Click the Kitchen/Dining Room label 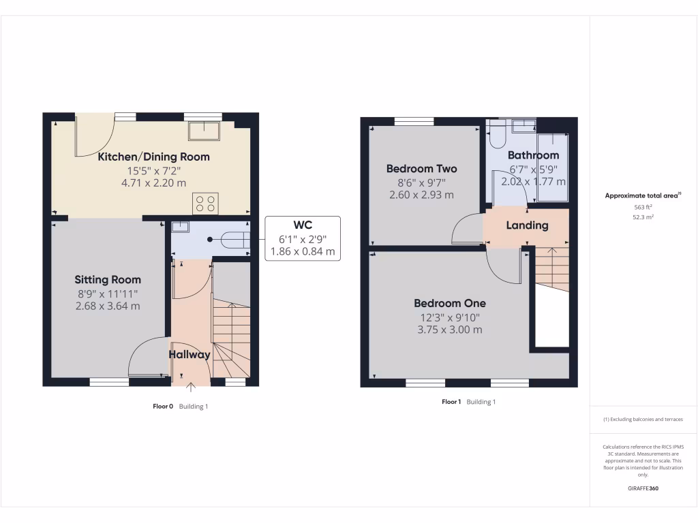153,157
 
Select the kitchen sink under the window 203,130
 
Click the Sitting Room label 108,280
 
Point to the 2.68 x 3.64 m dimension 108,306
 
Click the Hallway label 189,354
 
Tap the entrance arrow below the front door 190,388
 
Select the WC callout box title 302,224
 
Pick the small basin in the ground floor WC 180,227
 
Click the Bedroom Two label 421,169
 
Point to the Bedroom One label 450,303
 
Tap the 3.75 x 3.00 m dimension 450,330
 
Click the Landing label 527,225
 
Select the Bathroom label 533,155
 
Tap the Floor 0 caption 163,407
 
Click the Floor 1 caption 451,402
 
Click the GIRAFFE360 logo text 643,488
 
